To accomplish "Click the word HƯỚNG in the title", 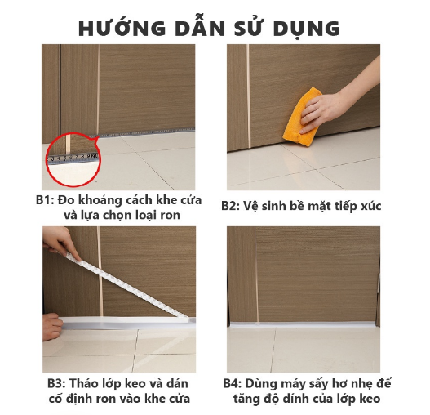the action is (122, 28).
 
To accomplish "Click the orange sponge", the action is (302, 117).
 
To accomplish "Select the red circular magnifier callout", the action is (73, 159).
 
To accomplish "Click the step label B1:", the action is (45, 200).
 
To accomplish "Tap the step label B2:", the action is (231, 206).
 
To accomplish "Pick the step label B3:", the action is (56, 383).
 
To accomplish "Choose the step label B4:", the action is (232, 383).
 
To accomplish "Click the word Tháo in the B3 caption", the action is (82, 383).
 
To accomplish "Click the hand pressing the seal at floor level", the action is (52, 327).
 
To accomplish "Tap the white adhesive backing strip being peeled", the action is (126, 286).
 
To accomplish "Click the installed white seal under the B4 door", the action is (303, 325).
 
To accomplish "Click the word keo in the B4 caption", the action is (370, 399).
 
